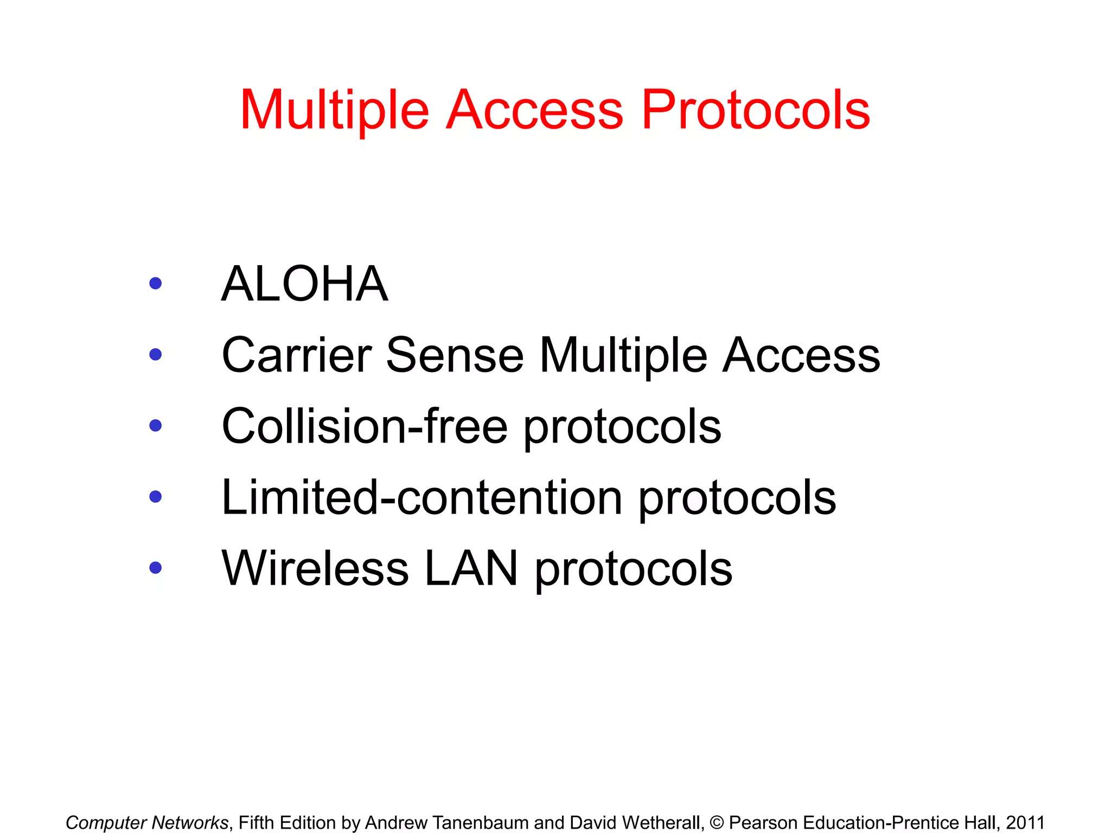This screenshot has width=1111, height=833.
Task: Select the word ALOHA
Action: (x=305, y=284)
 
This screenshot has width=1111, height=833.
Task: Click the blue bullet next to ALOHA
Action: (x=156, y=283)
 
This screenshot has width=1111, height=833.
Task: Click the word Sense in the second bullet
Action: (x=455, y=355)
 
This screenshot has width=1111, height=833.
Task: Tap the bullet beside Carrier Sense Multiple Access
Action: (x=156, y=355)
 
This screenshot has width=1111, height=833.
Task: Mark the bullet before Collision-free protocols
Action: (x=156, y=426)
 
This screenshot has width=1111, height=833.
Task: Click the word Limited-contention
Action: (x=422, y=497)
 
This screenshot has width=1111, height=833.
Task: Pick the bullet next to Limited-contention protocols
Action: (x=156, y=497)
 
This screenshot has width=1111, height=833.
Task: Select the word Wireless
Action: (x=315, y=568)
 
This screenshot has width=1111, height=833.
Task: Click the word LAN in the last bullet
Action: (x=471, y=568)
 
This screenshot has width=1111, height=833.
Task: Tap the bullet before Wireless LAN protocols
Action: (x=156, y=568)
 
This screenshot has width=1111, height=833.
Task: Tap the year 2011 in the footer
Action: (x=1025, y=823)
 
